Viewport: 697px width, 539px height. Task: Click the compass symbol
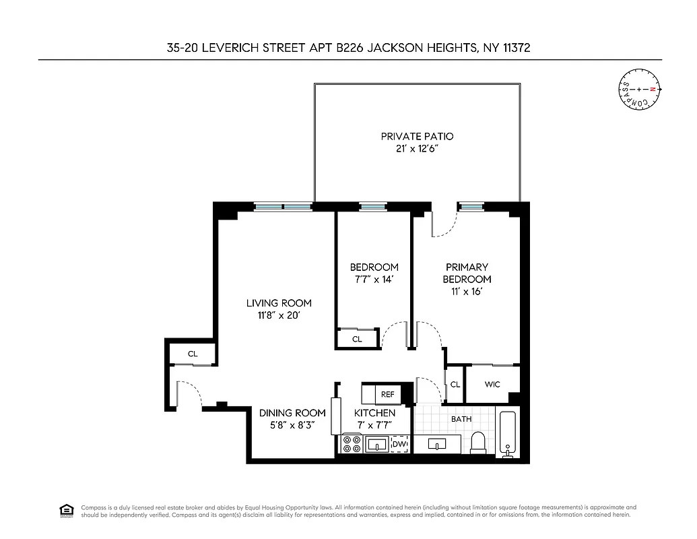click(640, 90)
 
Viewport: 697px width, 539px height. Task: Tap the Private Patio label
click(417, 136)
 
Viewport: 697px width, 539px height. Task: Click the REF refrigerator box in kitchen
click(387, 394)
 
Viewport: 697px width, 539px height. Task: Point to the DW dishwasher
click(399, 444)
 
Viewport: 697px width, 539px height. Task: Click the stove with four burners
click(352, 444)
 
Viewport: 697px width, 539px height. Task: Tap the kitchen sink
click(376, 444)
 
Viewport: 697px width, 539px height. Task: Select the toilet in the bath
click(478, 443)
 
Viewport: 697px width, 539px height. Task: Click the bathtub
click(507, 433)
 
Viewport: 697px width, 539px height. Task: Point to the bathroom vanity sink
click(437, 445)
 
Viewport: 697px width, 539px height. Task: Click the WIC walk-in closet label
click(493, 385)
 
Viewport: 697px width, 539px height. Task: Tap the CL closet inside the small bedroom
click(357, 339)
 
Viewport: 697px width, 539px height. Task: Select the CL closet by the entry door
click(193, 353)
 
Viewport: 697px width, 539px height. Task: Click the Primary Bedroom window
click(471, 207)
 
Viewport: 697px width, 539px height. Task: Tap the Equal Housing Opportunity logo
click(67, 509)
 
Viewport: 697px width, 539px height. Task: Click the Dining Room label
click(288, 412)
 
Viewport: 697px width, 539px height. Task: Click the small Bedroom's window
click(371, 207)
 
